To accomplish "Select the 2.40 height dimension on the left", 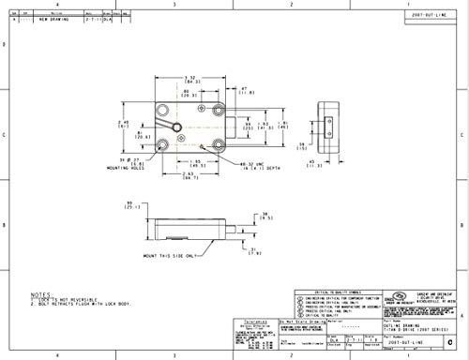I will tap(121, 121).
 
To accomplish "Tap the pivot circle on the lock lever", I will tap(166, 124).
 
